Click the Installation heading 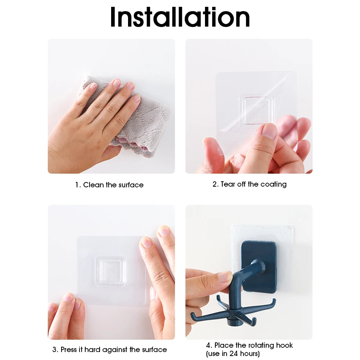[x=180, y=17]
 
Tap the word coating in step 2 [x=273, y=184]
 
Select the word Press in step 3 [x=68, y=350]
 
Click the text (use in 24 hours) [x=233, y=354]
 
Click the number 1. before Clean [x=78, y=185]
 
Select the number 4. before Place [x=209, y=345]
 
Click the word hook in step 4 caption [x=284, y=345]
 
